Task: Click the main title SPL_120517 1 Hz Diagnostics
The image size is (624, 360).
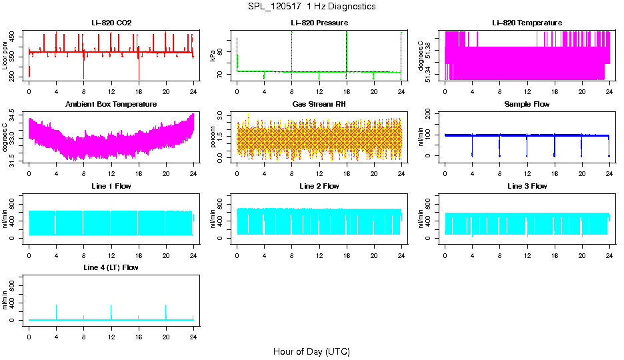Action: (311, 7)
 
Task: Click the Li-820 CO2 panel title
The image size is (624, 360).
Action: (111, 23)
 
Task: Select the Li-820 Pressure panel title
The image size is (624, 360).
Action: (319, 23)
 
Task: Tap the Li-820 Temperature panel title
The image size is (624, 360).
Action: (527, 23)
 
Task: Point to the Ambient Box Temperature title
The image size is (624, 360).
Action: (111, 105)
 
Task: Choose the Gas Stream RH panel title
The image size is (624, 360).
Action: (319, 105)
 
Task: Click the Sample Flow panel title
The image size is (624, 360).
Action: (527, 105)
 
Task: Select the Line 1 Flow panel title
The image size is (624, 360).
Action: (111, 186)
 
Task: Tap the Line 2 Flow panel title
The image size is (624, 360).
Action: (319, 186)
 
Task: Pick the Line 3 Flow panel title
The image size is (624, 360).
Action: (527, 186)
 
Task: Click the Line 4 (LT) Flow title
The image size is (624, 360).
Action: (111, 267)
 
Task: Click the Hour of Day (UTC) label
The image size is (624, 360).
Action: (311, 351)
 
